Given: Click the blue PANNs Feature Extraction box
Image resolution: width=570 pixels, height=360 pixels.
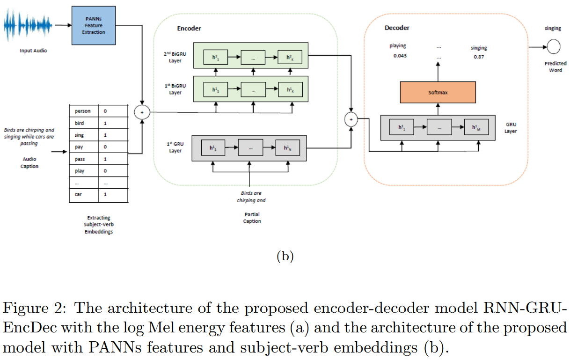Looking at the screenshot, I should [94, 26].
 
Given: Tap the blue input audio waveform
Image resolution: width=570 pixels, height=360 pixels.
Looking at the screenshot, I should [29, 25].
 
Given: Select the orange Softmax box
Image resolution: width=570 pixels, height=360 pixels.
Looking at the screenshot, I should [438, 92].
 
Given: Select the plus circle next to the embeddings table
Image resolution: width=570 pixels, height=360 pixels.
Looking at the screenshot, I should [141, 112].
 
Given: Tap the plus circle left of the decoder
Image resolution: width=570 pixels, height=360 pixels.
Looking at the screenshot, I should [351, 120].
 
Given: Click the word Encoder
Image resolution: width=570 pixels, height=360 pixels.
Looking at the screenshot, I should [189, 29].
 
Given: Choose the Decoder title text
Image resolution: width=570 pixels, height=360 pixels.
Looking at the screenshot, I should [397, 28].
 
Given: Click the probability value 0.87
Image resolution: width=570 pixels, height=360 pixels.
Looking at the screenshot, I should [478, 57].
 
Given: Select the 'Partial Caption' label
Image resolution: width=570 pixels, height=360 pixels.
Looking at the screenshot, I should [252, 217].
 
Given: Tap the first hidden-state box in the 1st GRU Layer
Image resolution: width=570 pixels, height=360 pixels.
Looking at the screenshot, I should [213, 147].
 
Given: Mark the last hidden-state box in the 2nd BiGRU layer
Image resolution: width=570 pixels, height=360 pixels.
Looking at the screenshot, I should [290, 58].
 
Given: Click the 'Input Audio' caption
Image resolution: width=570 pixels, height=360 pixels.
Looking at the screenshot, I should [33, 51].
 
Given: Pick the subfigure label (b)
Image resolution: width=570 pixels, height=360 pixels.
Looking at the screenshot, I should [285, 256].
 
